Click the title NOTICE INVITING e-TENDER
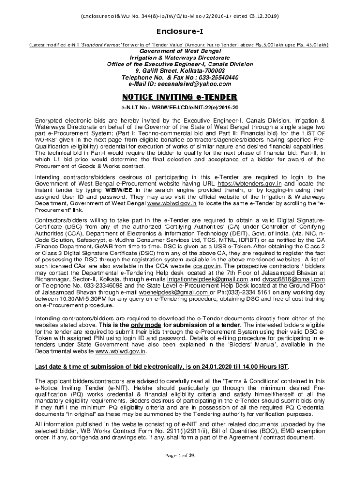[x=180, y=97]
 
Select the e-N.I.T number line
[x=180, y=108]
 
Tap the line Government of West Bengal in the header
[x=180, y=51]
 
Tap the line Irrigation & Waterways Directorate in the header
[x=180, y=58]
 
